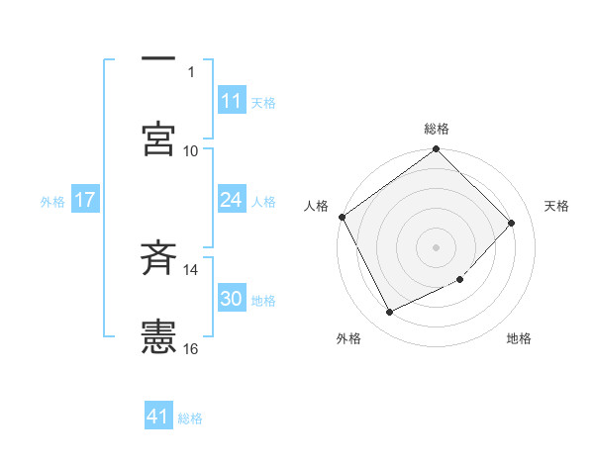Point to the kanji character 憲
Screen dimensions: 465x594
[x=158, y=336]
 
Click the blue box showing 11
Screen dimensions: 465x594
[x=232, y=101]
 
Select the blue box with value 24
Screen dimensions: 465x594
[x=232, y=200]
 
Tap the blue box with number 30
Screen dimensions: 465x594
[x=232, y=299]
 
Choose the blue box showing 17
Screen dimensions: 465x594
[x=85, y=200]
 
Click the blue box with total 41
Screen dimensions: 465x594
[x=158, y=417]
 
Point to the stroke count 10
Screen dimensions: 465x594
[x=191, y=150]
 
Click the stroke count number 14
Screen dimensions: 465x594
[x=191, y=269]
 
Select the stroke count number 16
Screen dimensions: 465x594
[x=191, y=348]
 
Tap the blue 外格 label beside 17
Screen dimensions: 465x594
[x=52, y=201]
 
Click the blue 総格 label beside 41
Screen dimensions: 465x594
[x=190, y=418]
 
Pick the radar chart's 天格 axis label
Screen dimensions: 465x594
[x=556, y=206]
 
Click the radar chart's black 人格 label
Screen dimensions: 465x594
[x=317, y=206]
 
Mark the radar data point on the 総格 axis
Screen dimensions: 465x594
[x=437, y=150]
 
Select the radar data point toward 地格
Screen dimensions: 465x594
[x=460, y=280]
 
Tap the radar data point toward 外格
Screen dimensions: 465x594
[x=389, y=313]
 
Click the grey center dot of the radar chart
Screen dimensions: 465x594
[x=437, y=246]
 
